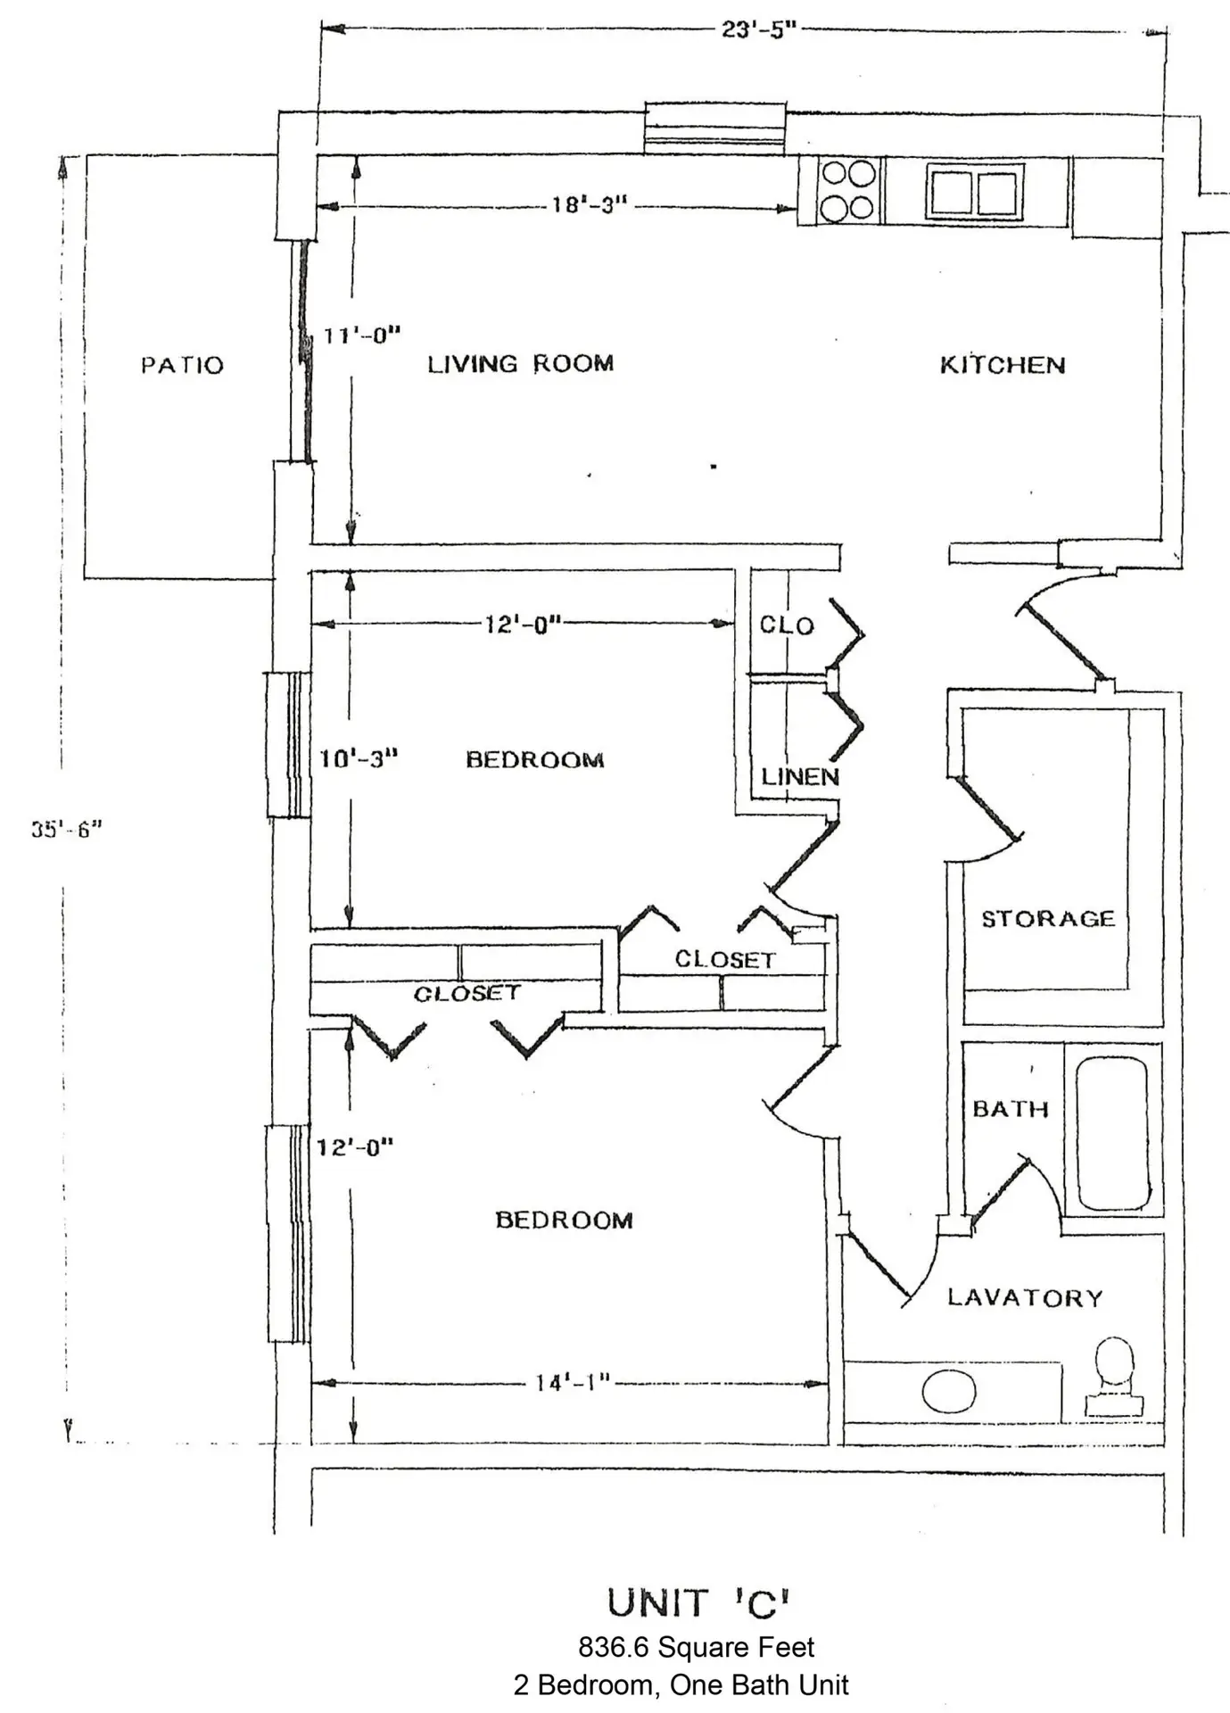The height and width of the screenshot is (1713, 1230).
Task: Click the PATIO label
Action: tap(182, 365)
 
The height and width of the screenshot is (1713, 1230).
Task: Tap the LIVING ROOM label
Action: tap(521, 364)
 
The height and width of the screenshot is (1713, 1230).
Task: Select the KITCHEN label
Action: tap(1003, 365)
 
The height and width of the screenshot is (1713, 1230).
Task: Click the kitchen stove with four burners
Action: tap(847, 190)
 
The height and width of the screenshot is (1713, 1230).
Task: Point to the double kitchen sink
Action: tap(974, 191)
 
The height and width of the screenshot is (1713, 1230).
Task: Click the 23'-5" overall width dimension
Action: tap(758, 30)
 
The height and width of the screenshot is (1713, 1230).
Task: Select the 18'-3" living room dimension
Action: tap(590, 205)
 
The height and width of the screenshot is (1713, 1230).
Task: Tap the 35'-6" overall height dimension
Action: tap(67, 829)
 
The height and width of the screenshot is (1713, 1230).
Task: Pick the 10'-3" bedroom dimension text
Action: tap(359, 759)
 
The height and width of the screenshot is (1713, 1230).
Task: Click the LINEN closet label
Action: tap(800, 777)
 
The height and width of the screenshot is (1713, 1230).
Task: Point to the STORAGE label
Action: tap(1048, 919)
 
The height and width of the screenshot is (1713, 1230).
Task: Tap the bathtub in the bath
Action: tap(1112, 1133)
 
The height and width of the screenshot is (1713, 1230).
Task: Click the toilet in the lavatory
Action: tap(1114, 1377)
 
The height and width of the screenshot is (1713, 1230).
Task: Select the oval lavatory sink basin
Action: tap(949, 1391)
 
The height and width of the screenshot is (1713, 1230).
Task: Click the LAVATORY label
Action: tap(1025, 1298)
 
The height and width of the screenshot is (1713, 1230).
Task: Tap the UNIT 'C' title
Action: tap(698, 1603)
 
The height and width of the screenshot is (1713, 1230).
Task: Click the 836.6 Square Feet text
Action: tap(697, 1647)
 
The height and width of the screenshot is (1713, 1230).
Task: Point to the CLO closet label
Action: tap(787, 625)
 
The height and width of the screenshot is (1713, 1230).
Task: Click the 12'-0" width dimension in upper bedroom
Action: tap(523, 624)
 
